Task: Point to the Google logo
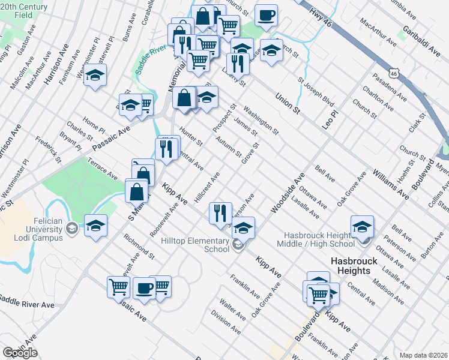20,353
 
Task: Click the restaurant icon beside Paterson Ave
220,212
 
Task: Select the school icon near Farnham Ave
95,76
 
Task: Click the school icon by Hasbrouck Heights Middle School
361,226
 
